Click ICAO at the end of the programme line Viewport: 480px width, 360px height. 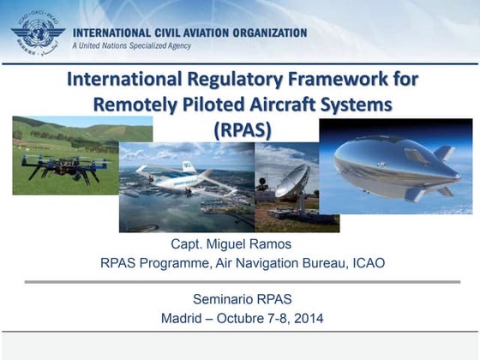tap(368, 263)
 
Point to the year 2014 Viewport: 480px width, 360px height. tap(305, 320)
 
